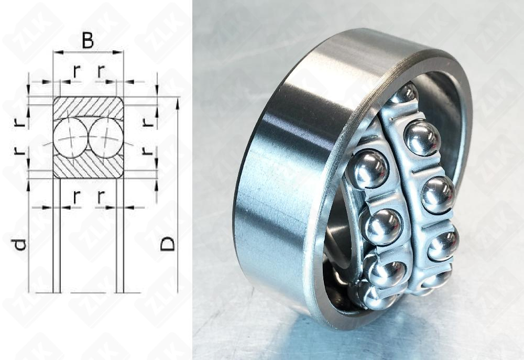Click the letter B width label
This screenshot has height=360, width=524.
[88, 40]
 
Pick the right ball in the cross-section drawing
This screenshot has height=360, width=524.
[106, 138]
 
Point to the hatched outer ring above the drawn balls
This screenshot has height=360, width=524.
[88, 107]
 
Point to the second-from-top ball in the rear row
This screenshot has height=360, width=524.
[422, 137]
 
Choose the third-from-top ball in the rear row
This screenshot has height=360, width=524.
[438, 194]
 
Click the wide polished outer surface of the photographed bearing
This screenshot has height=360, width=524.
[283, 173]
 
